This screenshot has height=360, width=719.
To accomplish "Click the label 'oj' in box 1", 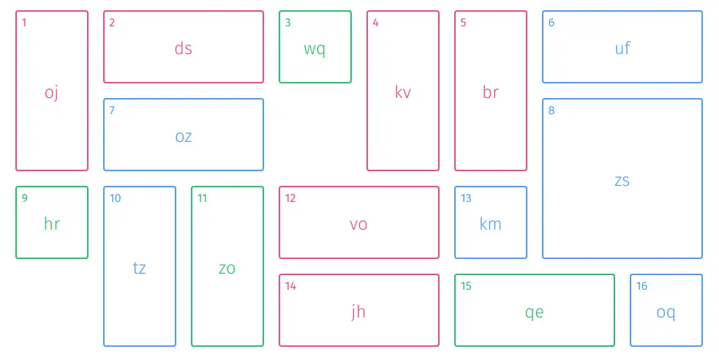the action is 51,93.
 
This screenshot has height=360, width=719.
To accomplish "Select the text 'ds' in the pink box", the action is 183,48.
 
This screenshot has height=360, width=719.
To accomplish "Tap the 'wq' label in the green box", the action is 315,49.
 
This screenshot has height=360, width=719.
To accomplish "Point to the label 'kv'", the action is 402,92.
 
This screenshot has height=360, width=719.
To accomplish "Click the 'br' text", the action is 490,92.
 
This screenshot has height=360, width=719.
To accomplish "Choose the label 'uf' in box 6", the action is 622,48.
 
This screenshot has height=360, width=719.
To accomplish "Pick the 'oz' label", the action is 183,136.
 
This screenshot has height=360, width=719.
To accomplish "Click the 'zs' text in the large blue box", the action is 622,180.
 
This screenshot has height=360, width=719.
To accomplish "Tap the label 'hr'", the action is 51,224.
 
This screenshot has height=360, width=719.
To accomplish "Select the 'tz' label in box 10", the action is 139,268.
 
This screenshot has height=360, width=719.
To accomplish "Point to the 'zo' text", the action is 227,268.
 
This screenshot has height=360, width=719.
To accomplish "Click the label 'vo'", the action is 358,224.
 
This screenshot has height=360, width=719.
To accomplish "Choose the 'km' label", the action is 490,224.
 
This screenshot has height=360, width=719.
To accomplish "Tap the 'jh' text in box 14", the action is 358,312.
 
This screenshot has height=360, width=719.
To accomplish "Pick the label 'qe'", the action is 534,312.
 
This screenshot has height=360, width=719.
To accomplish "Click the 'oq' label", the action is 666,312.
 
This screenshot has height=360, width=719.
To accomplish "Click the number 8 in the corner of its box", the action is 552,110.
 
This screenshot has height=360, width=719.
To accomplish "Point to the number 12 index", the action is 290,198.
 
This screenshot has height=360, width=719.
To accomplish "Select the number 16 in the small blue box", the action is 641,286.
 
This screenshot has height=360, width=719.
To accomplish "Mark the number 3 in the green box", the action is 287,23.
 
